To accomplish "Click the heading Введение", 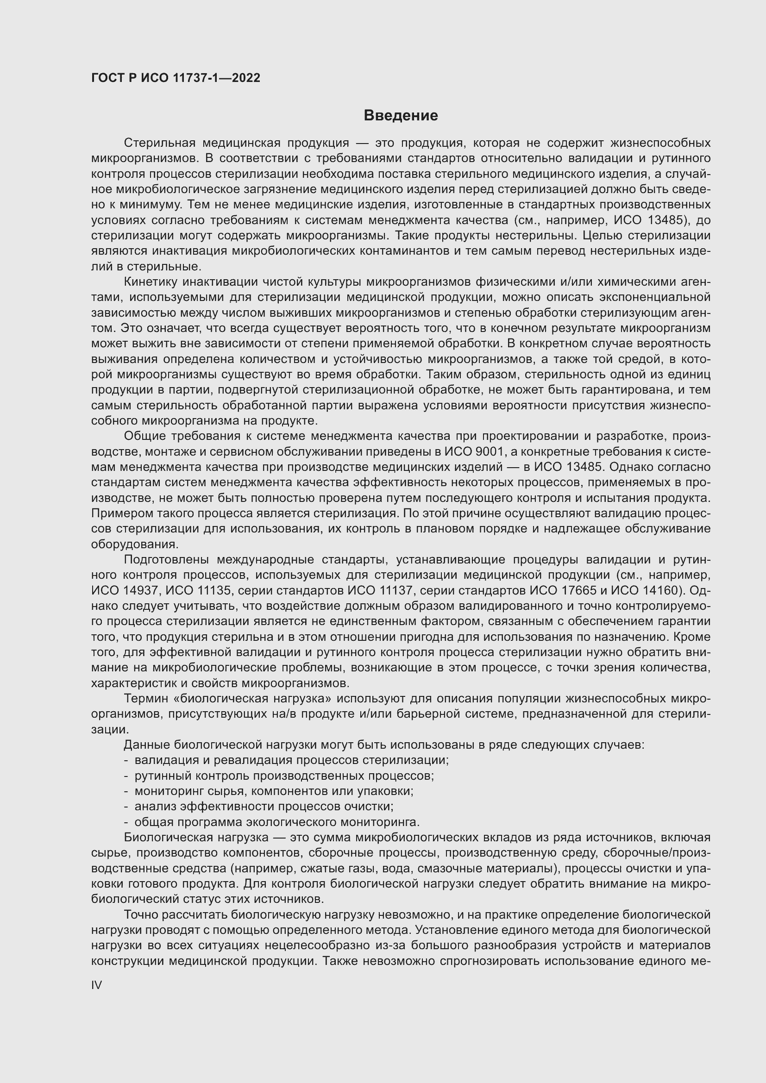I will pos(401,116).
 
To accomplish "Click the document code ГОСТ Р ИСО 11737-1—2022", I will pos(176,78).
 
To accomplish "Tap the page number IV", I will pos(96,985).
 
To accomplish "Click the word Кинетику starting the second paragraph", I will pos(150,282).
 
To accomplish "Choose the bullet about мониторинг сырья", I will pos(274,791).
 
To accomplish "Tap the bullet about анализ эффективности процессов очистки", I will pos(264,806).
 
